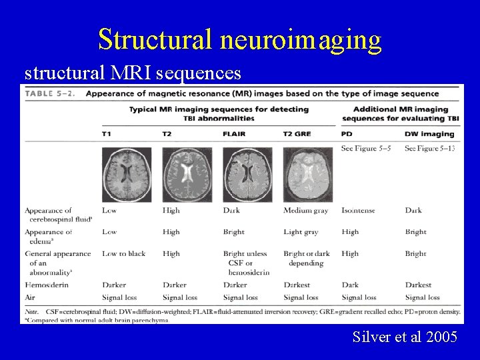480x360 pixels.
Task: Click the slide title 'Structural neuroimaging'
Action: tap(240, 39)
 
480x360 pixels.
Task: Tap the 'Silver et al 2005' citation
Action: tap(405, 337)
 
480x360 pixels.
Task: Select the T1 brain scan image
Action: tap(127, 175)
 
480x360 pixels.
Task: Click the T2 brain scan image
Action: tap(187, 175)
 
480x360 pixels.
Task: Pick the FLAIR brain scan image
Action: tap(247, 175)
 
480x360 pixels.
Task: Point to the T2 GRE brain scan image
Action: tap(308, 175)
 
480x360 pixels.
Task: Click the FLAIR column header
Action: tap(234, 134)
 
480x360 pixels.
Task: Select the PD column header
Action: tap(347, 134)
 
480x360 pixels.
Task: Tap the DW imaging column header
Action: tap(429, 134)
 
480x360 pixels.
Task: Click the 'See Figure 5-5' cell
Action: tap(365, 148)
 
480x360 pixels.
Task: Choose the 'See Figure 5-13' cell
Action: tap(430, 148)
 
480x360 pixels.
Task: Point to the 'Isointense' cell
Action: tap(358, 211)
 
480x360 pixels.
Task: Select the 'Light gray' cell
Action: tap(301, 232)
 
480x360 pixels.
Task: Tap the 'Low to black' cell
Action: tap(124, 254)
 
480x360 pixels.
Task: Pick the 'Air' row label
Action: tap(31, 297)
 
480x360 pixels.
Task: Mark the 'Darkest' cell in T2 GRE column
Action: tap(297, 285)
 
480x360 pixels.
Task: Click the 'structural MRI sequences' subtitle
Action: tap(132, 71)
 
